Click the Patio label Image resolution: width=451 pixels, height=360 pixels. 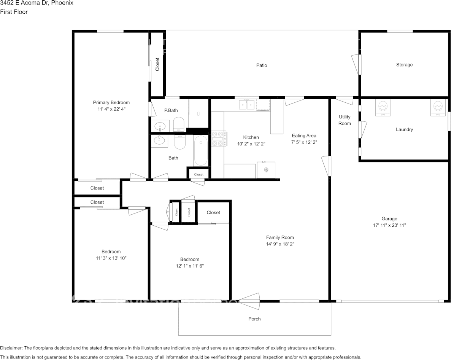[261, 65]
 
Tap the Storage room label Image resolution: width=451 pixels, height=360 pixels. [404, 65]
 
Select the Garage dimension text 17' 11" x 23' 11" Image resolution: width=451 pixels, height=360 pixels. [389, 225]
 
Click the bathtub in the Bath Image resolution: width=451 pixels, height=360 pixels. [201, 151]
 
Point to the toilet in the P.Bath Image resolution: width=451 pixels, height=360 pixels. [178, 124]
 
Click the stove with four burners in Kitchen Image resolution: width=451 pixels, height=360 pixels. [219, 139]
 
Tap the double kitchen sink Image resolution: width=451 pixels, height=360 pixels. [247, 104]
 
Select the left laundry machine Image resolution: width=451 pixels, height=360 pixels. [383, 108]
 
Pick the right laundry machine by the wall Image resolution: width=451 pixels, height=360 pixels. [438, 108]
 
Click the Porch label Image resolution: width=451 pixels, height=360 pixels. [254, 319]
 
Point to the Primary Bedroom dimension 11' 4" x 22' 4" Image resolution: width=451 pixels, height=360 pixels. [111, 109]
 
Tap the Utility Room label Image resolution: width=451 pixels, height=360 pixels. [345, 120]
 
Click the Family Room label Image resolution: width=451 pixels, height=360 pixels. [279, 237]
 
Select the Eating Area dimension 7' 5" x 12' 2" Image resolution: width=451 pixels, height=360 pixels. [304, 142]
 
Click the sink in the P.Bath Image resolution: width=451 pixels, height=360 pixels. [160, 126]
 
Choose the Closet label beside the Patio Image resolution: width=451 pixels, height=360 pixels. [157, 64]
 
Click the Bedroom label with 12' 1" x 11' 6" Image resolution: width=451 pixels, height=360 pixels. [189, 260]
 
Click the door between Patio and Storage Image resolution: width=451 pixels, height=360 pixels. [356, 65]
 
